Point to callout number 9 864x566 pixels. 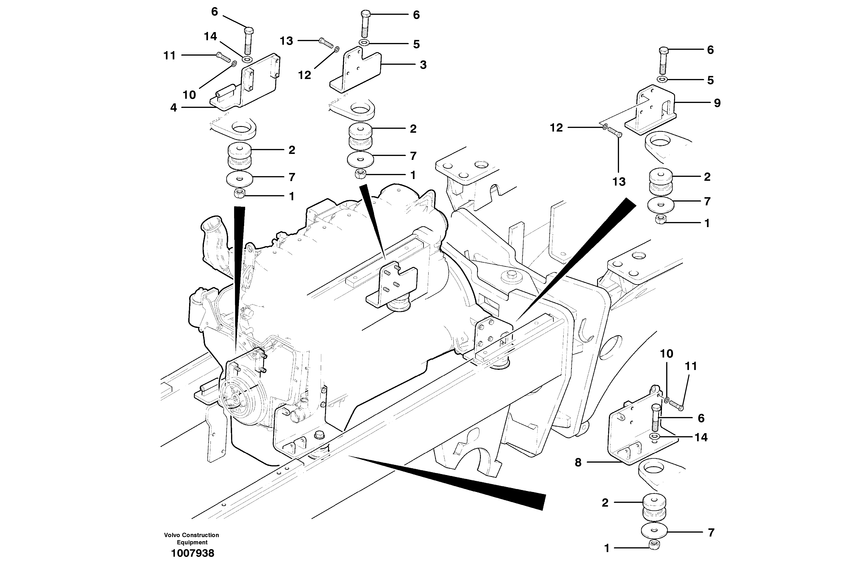coord(717,103)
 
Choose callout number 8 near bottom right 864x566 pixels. coord(578,462)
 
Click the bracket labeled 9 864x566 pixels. coord(650,111)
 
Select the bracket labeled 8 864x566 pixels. coord(639,436)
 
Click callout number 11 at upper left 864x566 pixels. coord(170,56)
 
